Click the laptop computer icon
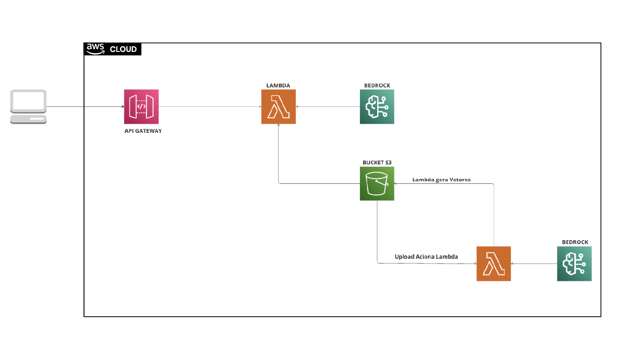pos(29,106)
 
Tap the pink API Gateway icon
pos(141,106)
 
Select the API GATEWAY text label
pos(143,131)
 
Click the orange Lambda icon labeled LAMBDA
pos(278,106)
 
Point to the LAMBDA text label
pos(278,86)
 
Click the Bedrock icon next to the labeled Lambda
pos(377,106)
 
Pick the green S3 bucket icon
pos(377,183)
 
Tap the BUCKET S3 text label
pos(377,163)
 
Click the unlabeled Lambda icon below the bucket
pos(494,264)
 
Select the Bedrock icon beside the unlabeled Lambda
pos(574,264)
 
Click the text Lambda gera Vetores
pos(441,180)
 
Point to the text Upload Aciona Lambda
pos(426,257)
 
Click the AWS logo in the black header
pos(96,49)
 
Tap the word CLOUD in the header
pos(123,49)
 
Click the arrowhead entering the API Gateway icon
pos(123,106)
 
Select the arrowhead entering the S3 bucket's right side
pos(395,183)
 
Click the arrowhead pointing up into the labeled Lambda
pos(278,125)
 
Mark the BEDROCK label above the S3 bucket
pos(377,86)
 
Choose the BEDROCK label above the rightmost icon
pos(575,242)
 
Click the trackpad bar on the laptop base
pos(37,119)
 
